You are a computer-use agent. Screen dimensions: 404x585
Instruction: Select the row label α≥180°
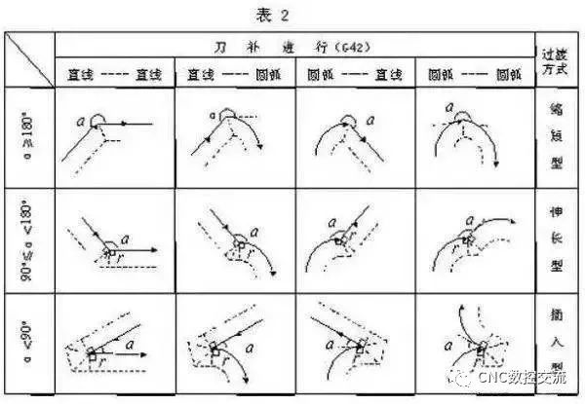29,137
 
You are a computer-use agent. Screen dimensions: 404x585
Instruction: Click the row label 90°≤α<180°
29,239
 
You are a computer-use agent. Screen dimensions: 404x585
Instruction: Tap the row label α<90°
29,340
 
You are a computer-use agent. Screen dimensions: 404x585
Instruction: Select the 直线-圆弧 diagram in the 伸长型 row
234,239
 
